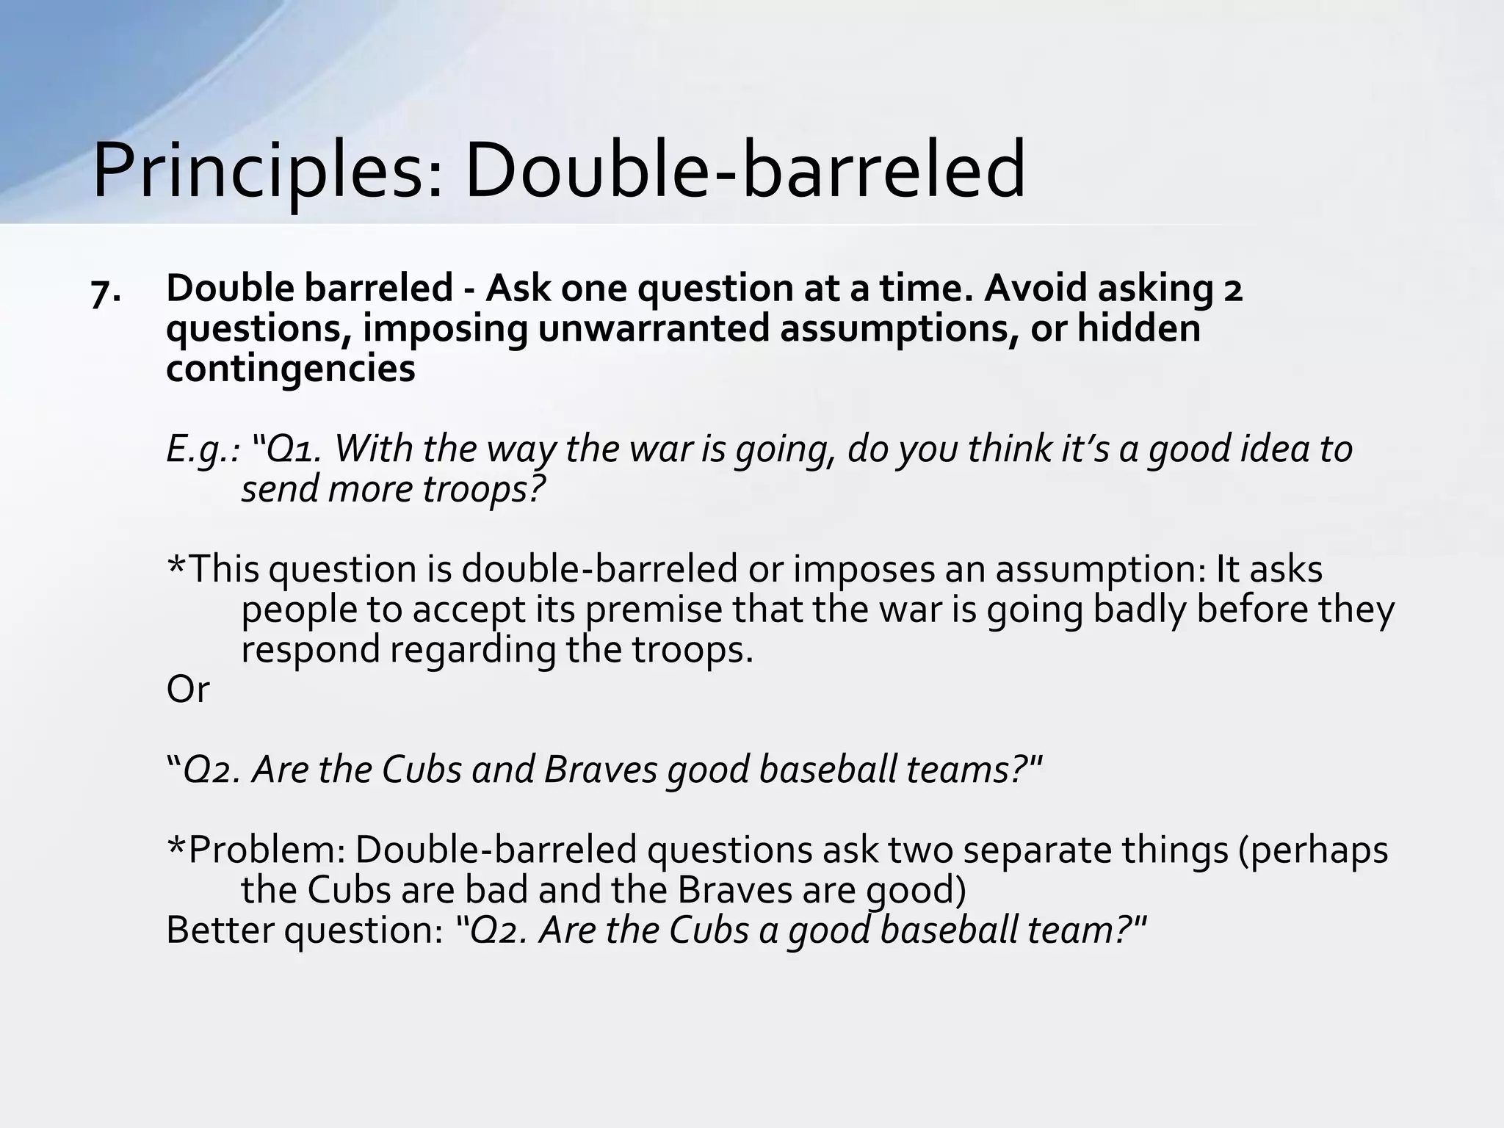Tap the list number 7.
[x=106, y=292]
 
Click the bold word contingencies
[x=290, y=369]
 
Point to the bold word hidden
[x=1138, y=328]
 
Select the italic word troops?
[x=485, y=489]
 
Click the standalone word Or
[x=188, y=690]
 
